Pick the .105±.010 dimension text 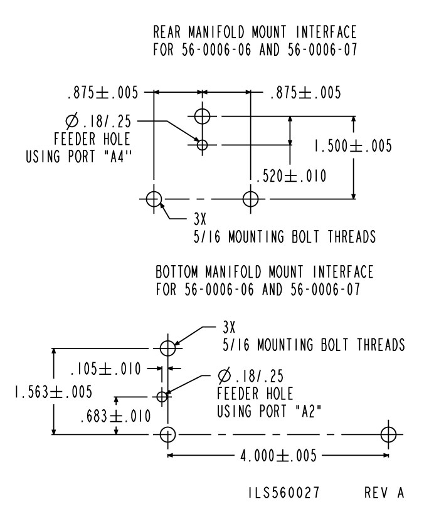(106, 367)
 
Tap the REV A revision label (383, 494)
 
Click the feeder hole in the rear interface (202, 145)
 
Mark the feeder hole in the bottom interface (162, 396)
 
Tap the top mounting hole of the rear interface (202, 116)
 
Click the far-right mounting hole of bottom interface (388, 434)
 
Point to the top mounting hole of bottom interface (167, 347)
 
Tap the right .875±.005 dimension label (305, 93)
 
